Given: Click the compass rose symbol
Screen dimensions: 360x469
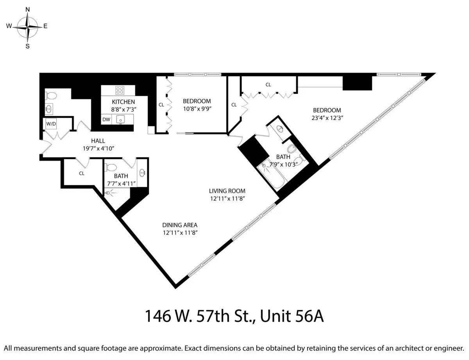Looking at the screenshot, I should (x=28, y=27).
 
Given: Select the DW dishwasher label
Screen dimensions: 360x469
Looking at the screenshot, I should (x=106, y=119).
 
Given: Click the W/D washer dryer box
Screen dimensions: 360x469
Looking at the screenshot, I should (x=51, y=124).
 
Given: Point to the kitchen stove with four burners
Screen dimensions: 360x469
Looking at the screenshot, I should (x=120, y=90).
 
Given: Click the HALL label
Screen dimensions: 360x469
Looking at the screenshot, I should (x=98, y=141).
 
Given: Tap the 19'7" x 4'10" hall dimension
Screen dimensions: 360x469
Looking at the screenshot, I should (x=98, y=148).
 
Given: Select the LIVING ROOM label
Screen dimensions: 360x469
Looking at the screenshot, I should (x=227, y=191).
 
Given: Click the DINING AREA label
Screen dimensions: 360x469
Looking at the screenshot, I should (x=180, y=225).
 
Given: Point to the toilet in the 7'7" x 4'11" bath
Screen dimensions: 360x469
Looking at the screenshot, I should (x=111, y=168).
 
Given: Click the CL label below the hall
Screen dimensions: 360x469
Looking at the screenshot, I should (x=82, y=173).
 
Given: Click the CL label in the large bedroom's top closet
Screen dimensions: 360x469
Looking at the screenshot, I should (x=268, y=84).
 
